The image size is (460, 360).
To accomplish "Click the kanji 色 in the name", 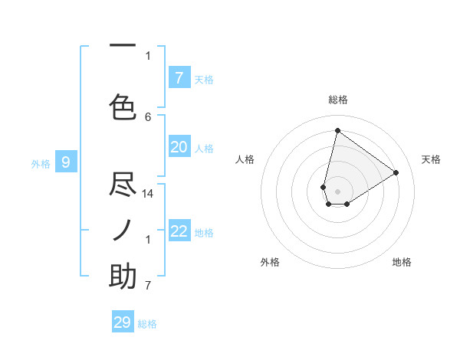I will (x=123, y=106).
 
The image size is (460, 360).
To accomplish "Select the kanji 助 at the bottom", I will (x=123, y=277).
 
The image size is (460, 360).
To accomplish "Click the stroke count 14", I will (x=148, y=194).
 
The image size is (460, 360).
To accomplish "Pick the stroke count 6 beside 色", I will (x=148, y=116).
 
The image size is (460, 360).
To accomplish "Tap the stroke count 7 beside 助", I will (x=148, y=286).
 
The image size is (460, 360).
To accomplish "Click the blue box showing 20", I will (x=179, y=147).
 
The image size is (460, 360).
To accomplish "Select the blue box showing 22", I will (x=179, y=231).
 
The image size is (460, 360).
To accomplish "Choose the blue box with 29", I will (x=123, y=322).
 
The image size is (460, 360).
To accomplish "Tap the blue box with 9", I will (x=66, y=162).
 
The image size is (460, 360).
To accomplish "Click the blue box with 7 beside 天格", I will (x=179, y=77).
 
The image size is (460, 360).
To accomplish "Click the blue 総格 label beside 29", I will (x=147, y=324).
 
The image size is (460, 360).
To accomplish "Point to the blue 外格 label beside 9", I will (x=40, y=163).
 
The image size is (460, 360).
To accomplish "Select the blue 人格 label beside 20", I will (x=204, y=149).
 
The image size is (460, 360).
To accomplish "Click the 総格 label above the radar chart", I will (x=337, y=100).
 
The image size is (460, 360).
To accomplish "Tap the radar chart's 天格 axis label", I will (x=431, y=159).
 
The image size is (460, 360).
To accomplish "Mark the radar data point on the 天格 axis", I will (x=396, y=172).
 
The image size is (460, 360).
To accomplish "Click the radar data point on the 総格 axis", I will (x=337, y=130).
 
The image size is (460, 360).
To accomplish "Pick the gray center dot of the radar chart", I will (x=337, y=191).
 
